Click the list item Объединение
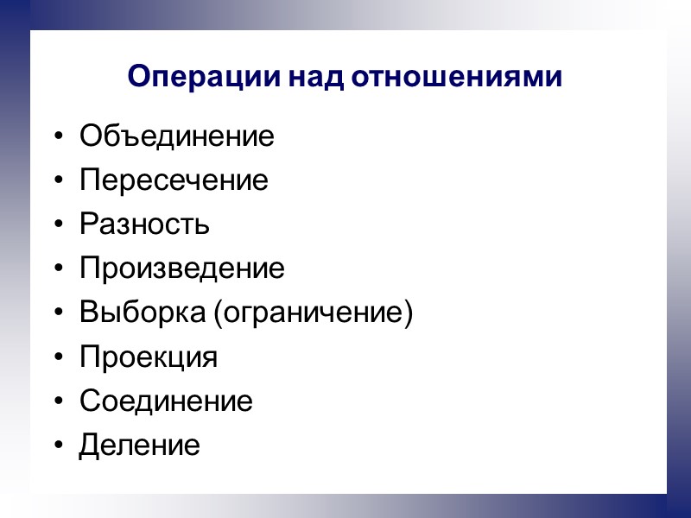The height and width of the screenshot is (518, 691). pos(177,136)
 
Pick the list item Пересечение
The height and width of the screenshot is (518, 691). pos(174,181)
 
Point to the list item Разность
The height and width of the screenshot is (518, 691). pos(144,225)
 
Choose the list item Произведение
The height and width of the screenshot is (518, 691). pos(181,269)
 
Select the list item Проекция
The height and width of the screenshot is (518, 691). pos(149,357)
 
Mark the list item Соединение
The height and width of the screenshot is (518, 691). pos(166,401)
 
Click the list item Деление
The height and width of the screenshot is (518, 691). pos(139,446)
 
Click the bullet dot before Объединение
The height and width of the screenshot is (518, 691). pos(58,137)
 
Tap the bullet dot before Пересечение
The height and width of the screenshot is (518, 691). pos(58,182)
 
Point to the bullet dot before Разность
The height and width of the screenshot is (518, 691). pos(58,226)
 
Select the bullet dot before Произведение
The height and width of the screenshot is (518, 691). pos(58,270)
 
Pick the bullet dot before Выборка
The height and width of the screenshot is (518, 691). pos(58,314)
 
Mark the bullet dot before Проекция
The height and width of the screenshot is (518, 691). pos(58,358)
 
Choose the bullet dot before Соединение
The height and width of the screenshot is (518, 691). pos(58,402)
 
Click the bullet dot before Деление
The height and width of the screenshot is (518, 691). pos(58,447)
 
